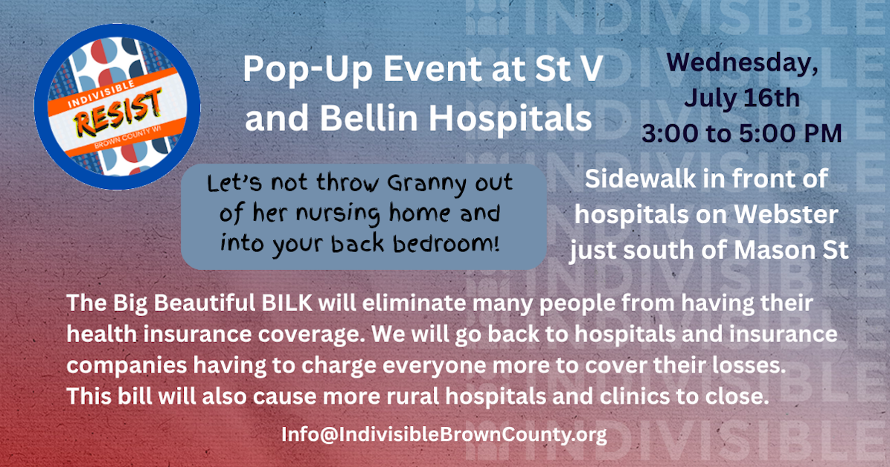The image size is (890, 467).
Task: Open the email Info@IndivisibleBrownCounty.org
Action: coord(444,434)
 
